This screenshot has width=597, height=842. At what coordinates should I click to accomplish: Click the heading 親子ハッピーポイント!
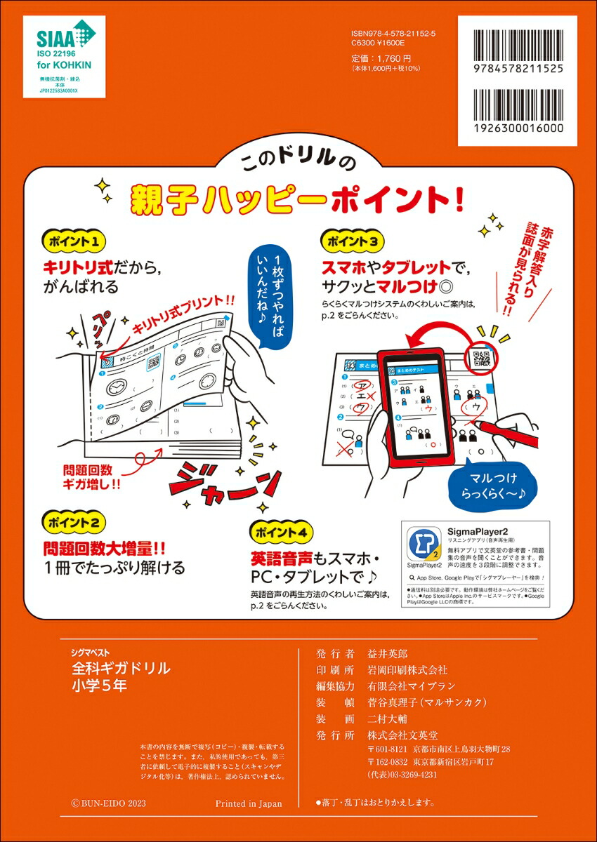coord(298,200)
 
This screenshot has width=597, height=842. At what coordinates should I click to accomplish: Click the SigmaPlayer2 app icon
coord(424,541)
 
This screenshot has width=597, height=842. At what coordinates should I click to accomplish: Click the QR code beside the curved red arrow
coord(483,359)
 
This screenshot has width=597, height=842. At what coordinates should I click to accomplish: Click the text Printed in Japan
coord(249,803)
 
